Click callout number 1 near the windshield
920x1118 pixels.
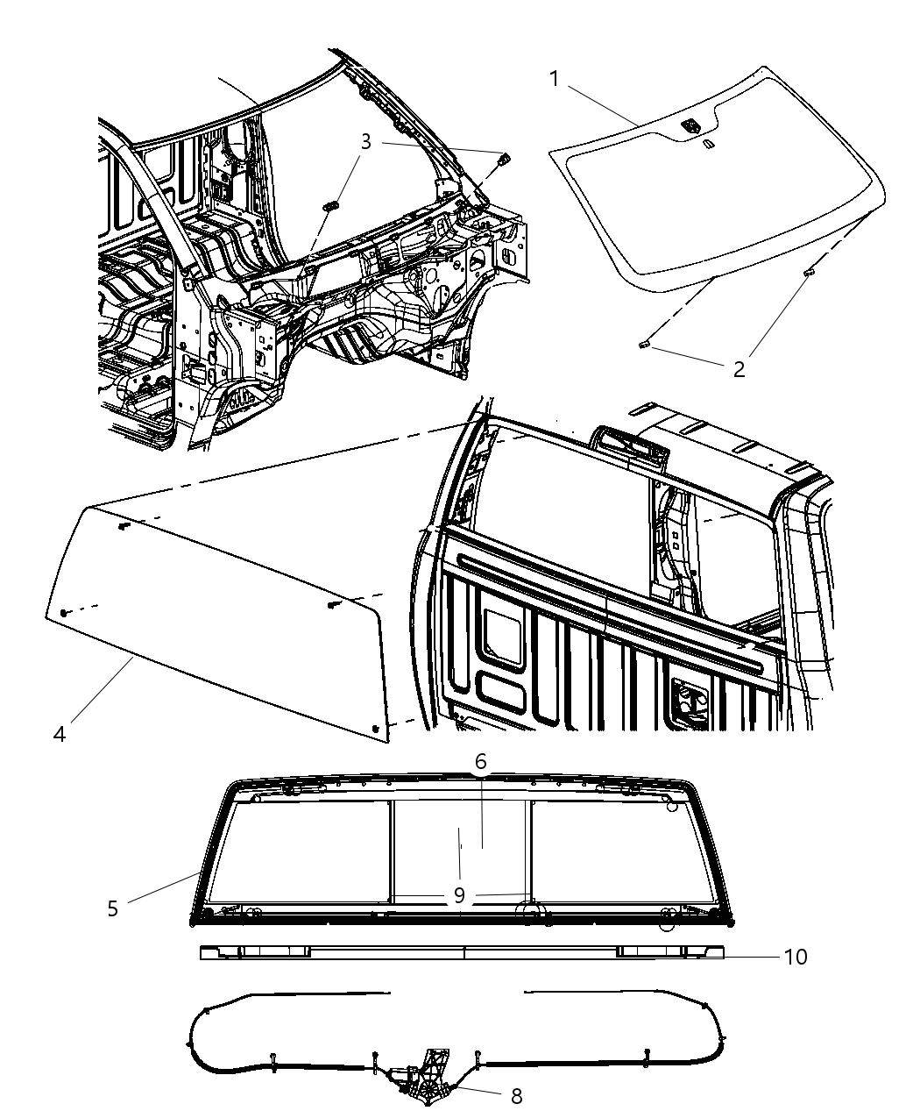pyautogui.click(x=555, y=79)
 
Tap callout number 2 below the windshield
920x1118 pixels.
pyautogui.click(x=739, y=369)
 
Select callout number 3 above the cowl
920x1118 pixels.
pyautogui.click(x=366, y=141)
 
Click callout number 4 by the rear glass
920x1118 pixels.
pyautogui.click(x=59, y=733)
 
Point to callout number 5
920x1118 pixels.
pyautogui.click(x=112, y=908)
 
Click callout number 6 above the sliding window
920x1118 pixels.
pyautogui.click(x=481, y=762)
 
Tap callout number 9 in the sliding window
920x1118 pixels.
pyautogui.click(x=459, y=895)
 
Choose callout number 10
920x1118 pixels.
pyautogui.click(x=795, y=956)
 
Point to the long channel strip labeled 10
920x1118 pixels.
pyautogui.click(x=463, y=952)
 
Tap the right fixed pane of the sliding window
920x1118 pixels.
pyautogui.click(x=613, y=851)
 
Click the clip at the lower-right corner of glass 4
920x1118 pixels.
pyautogui.click(x=376, y=729)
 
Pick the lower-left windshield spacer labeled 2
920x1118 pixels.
pyautogui.click(x=644, y=346)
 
